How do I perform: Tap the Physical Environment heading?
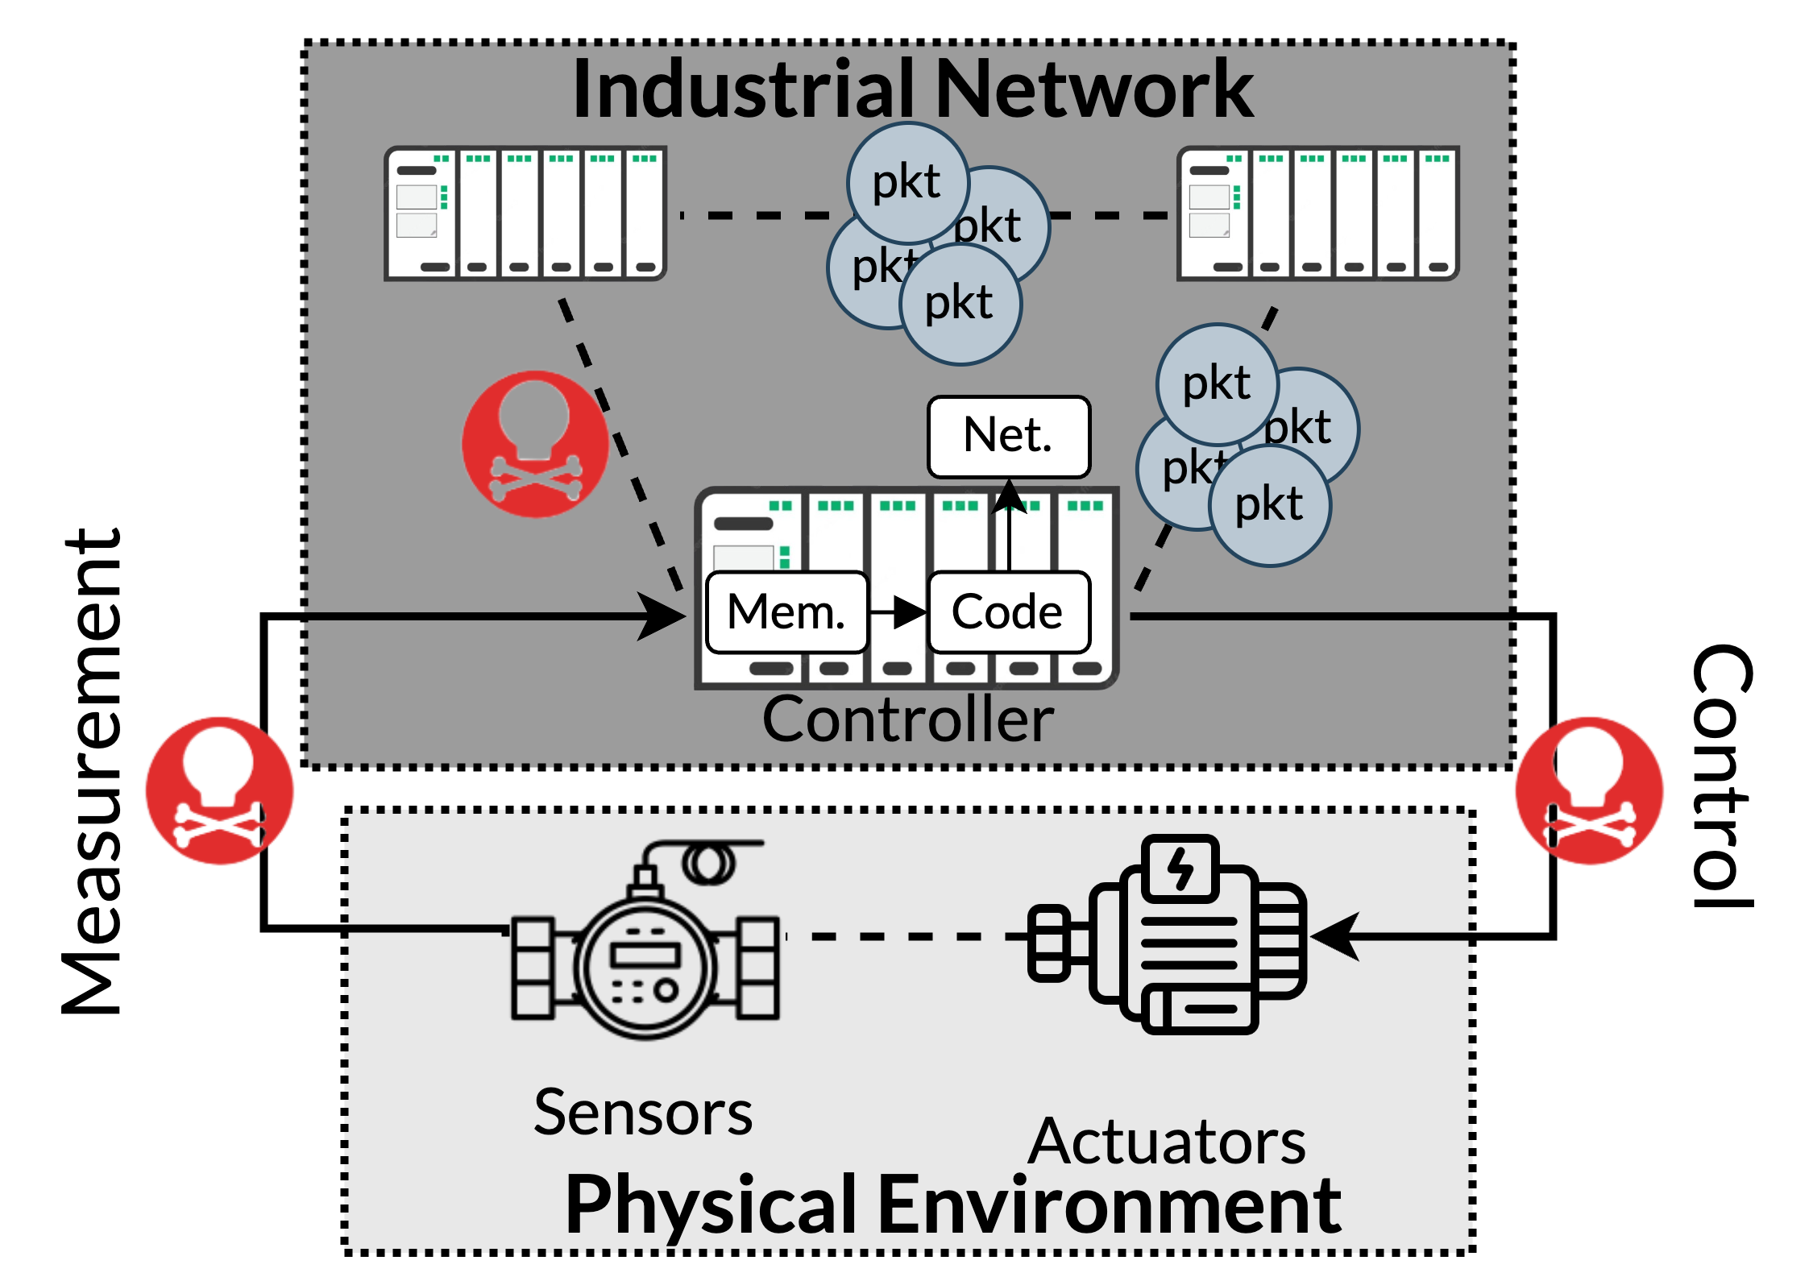(953, 1204)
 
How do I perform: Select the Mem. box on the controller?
(786, 612)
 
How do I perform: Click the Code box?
(1008, 612)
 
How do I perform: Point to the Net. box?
(1008, 436)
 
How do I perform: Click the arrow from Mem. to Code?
(899, 612)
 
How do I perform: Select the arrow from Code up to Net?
(1009, 524)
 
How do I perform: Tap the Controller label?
(908, 719)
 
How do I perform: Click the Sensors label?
(643, 1113)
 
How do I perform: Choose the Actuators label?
(1167, 1142)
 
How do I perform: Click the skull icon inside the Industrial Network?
(535, 443)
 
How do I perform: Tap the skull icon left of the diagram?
(219, 790)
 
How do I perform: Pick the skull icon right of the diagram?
(1588, 790)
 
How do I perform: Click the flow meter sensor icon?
(645, 951)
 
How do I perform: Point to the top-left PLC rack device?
(525, 214)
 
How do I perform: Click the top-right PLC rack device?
(1317, 214)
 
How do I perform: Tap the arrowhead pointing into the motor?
(1334, 936)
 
